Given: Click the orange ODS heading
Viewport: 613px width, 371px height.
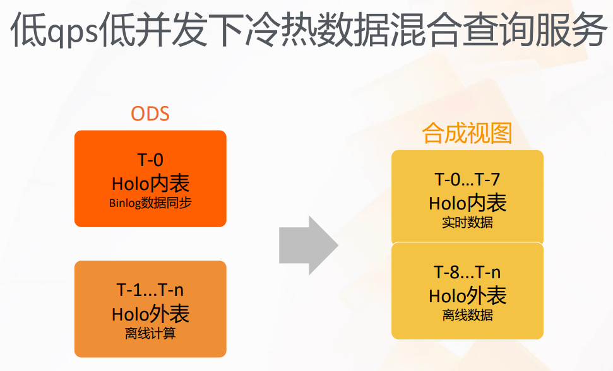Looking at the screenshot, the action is coord(150,114).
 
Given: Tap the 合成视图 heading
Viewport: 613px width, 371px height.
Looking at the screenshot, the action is coord(467,132).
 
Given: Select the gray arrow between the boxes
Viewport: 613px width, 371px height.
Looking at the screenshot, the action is coord(309,245).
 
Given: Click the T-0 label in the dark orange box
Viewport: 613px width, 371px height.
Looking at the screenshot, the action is coord(150,160).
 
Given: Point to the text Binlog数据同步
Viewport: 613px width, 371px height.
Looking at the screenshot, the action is coord(150,203).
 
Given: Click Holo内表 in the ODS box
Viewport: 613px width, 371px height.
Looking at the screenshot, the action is coord(150,184).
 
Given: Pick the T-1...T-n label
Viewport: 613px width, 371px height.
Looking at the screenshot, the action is coord(150,290).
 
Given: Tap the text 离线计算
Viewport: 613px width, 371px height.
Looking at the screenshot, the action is coord(150,333).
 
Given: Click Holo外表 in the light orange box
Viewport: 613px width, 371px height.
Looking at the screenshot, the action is coord(150,314).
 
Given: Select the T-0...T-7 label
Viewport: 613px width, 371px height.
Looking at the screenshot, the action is coord(467,179).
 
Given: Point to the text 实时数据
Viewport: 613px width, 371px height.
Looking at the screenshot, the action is coord(467,223).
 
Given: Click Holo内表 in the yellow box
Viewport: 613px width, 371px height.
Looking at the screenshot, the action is coord(468,203).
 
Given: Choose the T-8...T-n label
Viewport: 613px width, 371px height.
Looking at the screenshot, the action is coord(467,272).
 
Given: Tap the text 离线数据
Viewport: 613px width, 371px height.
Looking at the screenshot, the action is coord(467,315).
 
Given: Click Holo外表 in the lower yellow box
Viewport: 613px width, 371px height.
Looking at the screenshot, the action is coord(468,296).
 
